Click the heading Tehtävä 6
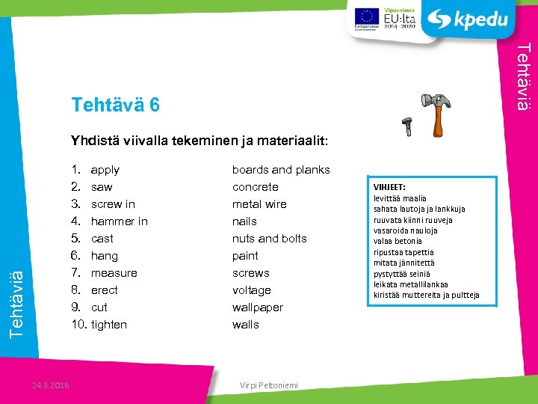115,105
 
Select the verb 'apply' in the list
105,170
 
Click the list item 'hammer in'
119,221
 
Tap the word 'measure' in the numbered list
114,273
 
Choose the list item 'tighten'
109,325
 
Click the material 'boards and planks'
281,170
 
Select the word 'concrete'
255,187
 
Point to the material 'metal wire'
259,204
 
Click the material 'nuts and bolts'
269,239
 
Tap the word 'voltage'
251,290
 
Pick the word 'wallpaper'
257,307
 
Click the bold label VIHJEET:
389,187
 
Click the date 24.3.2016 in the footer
51,385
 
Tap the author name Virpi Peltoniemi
268,385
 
